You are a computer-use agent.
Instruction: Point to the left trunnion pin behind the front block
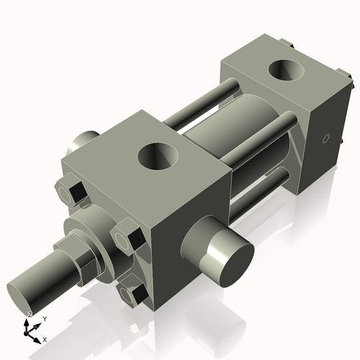tap(84, 139)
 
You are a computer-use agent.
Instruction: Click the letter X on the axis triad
tap(45, 338)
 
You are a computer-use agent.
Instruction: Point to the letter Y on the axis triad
tap(44, 318)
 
